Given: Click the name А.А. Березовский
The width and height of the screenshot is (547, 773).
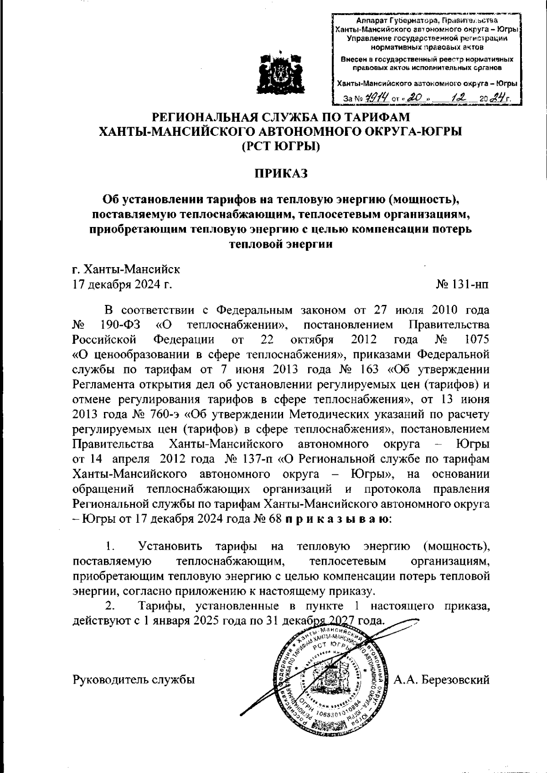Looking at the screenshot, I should [442, 680].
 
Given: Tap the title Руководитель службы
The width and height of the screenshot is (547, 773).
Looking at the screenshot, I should [134, 680].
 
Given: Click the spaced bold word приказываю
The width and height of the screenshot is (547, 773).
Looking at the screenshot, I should [338, 519].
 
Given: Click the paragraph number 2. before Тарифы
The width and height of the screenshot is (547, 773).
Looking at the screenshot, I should [109, 606].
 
